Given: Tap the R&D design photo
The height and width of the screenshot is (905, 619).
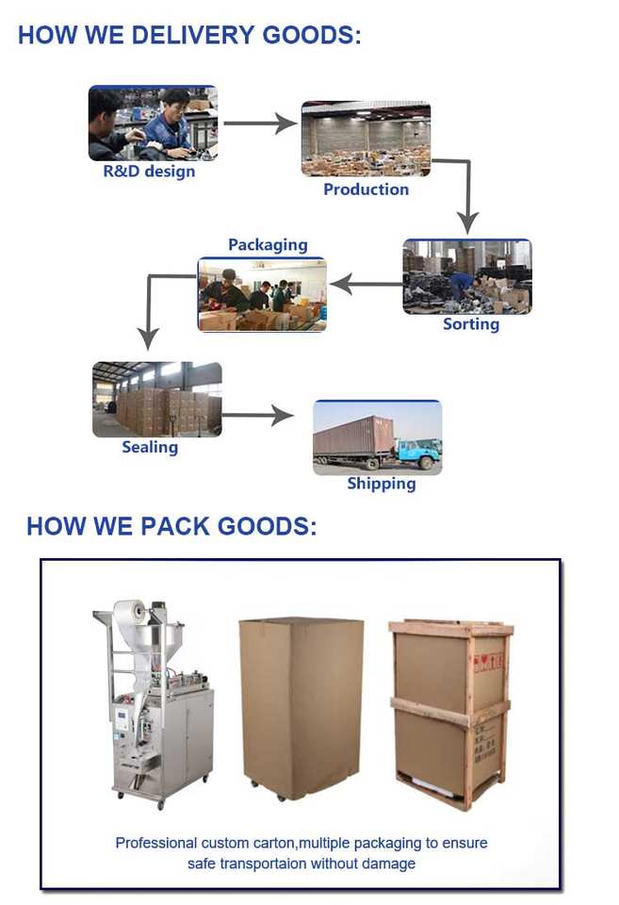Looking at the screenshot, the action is point(153,123).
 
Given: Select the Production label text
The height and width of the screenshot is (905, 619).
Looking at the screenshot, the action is point(366,189).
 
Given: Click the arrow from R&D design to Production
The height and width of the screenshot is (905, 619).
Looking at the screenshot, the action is point(259,123).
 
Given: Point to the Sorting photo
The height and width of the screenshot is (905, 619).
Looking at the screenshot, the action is point(467,276).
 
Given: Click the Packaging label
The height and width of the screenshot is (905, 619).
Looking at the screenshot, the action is point(268,245).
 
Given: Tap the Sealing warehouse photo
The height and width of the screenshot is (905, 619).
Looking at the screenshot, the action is point(157,399).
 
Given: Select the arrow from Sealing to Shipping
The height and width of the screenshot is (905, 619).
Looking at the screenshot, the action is point(257,414).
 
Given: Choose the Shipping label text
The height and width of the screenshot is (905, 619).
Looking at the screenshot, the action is point(381,484).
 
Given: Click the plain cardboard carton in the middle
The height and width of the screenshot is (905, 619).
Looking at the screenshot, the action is point(301,707).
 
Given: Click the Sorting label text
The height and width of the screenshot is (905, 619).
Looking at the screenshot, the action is point(471,324).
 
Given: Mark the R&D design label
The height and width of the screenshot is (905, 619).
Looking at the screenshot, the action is point(149,172).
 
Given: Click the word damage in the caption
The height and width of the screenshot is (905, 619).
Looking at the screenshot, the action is point(389,864).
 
